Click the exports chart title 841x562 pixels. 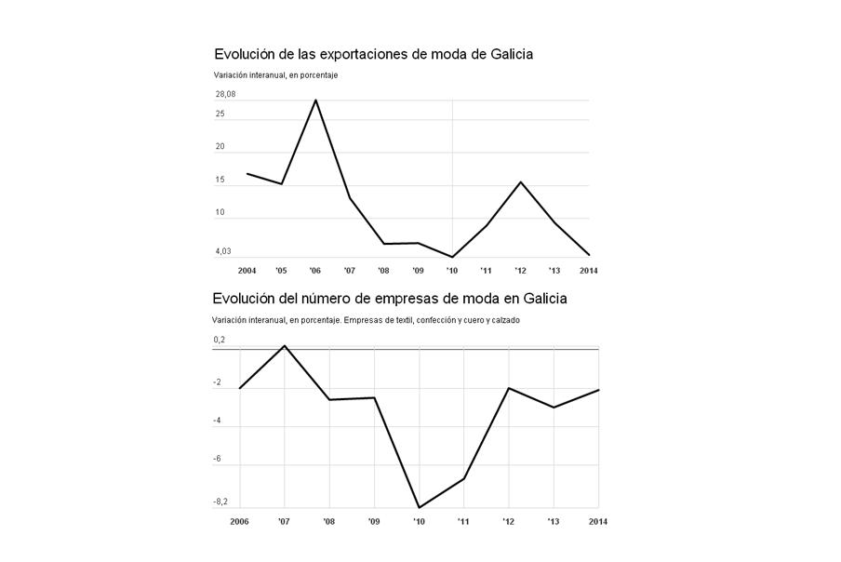pos(373,54)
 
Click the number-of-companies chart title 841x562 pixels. pos(389,299)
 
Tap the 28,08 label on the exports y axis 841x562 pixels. pos(225,94)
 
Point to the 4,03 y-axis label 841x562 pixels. pos(223,251)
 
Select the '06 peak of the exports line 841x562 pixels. pos(315,100)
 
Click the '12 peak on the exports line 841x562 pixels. pos(520,181)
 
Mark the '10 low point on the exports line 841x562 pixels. pos(452,257)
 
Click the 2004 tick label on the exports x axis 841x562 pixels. pos(247,271)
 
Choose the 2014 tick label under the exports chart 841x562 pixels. pos(588,271)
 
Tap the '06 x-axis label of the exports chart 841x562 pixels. pos(315,271)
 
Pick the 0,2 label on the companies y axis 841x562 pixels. pos(220,341)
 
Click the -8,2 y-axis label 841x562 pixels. pos(221,502)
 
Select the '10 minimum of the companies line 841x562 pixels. pos(420,507)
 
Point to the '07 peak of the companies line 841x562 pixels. pos(285,345)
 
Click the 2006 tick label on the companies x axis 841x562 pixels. pos(240,521)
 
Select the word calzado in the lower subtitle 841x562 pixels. pos(503,320)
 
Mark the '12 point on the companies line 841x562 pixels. pos(509,388)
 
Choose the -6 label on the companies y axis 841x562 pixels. pos(217,460)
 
